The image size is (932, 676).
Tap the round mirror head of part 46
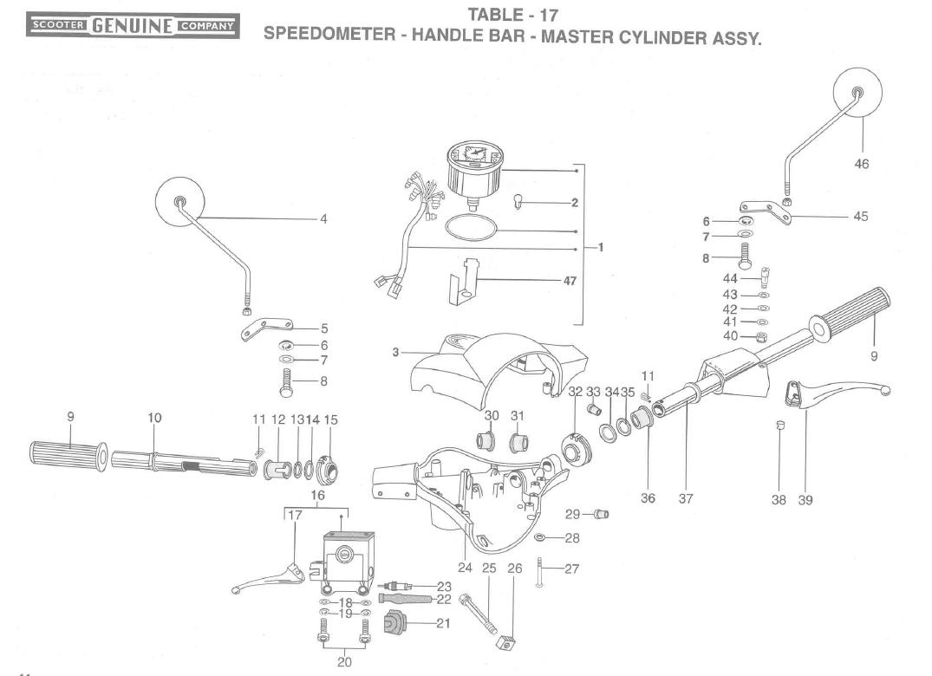pyautogui.click(x=858, y=93)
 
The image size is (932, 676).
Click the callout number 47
pyautogui.click(x=568, y=281)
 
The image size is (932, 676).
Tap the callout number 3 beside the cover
pyautogui.click(x=395, y=352)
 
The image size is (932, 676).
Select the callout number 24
pyautogui.click(x=465, y=569)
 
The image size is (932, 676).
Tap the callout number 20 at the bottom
pyautogui.click(x=344, y=661)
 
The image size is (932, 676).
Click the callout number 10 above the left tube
pyautogui.click(x=154, y=418)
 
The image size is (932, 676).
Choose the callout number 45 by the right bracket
pyautogui.click(x=860, y=217)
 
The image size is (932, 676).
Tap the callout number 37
pyautogui.click(x=686, y=499)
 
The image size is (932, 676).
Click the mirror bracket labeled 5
pyautogui.click(x=265, y=330)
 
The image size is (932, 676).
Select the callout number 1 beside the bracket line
pyautogui.click(x=600, y=246)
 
